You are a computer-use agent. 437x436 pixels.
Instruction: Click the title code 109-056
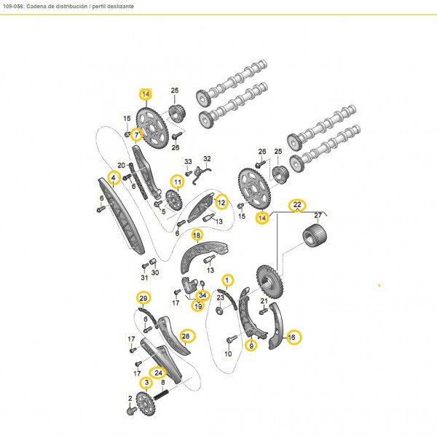[x=17, y=6]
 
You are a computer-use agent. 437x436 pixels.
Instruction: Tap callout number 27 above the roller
[x=317, y=216]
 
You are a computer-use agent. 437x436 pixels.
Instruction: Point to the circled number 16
[x=293, y=337]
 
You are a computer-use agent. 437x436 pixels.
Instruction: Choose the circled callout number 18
[x=197, y=235]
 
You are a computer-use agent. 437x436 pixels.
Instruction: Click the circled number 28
[x=186, y=336]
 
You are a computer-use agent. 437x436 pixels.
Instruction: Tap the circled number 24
[x=159, y=372]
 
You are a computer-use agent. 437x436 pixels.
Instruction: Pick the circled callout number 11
[x=176, y=181]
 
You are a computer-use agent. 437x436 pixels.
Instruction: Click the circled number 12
[x=221, y=201]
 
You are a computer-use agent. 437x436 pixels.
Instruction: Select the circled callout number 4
[x=114, y=176]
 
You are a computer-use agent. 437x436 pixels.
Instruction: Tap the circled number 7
[x=136, y=134]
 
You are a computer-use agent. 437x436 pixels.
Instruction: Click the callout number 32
[x=207, y=158]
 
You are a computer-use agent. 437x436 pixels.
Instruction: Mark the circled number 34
[x=202, y=295]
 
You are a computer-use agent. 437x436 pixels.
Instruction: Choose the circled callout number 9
[x=252, y=346]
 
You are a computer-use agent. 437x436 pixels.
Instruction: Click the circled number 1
[x=227, y=280]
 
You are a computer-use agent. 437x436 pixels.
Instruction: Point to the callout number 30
[x=154, y=272]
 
